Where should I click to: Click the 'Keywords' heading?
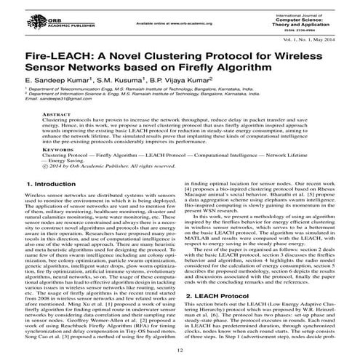pos(57,151)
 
